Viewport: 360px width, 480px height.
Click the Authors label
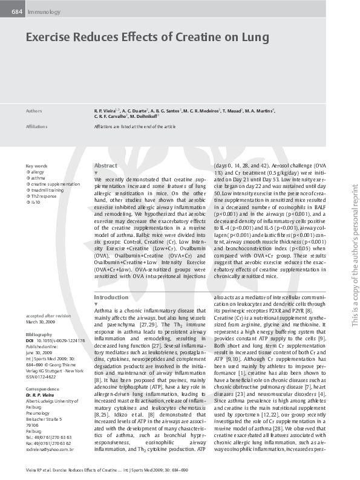coord(34,111)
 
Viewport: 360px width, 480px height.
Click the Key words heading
coord(36,166)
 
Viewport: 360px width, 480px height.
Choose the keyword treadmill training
coord(46,190)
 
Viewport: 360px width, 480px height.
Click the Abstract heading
coord(106,165)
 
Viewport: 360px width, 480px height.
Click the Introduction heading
coord(111,297)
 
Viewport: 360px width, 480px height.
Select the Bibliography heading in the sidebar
coord(39,334)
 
